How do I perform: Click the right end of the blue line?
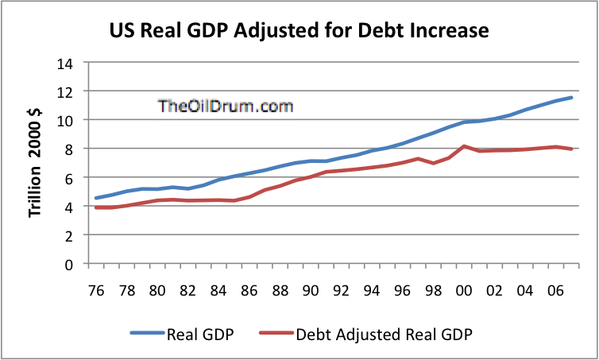point(572,98)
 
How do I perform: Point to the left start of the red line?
point(95,207)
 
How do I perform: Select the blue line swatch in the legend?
point(146,335)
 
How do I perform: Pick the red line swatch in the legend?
point(276,335)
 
